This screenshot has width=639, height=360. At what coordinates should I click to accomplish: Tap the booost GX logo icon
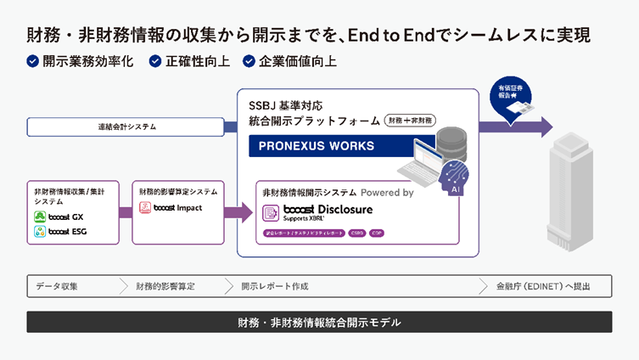39,217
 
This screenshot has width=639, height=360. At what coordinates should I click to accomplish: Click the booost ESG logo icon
39,232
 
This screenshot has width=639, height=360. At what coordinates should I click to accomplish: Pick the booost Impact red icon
145,208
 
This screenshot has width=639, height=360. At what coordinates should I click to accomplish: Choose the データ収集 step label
57,286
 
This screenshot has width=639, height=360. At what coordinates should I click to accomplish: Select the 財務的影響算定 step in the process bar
165,286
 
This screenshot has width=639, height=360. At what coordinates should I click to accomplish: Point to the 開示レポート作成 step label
274,286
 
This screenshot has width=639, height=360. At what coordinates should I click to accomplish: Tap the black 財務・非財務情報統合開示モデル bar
319,323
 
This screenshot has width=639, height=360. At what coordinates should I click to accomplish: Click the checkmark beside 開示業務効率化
32,61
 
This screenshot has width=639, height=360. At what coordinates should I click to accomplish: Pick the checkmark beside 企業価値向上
248,61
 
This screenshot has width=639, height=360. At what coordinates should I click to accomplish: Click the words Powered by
387,193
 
